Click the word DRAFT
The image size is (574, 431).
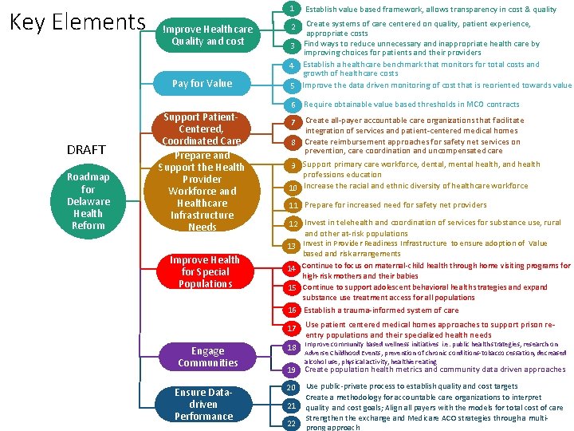(x=85, y=150)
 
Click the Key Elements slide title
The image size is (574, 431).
(x=77, y=22)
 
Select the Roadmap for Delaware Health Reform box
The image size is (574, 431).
(x=88, y=201)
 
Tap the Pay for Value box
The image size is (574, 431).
(x=202, y=83)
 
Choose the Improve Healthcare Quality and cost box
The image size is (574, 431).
(x=207, y=35)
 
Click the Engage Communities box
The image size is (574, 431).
(x=207, y=357)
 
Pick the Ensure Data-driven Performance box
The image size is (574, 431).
(x=203, y=405)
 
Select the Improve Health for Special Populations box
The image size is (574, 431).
(x=205, y=271)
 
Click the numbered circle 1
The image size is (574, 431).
(x=293, y=9)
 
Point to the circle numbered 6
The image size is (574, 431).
(x=293, y=105)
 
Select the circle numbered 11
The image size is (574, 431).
(x=293, y=205)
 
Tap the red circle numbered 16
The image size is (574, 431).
(x=293, y=310)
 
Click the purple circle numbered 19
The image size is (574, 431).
(x=292, y=370)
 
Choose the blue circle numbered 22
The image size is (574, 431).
(x=292, y=423)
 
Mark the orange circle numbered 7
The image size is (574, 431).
(x=293, y=122)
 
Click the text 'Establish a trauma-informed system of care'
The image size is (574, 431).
(x=381, y=310)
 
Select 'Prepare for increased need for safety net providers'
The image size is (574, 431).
(x=395, y=205)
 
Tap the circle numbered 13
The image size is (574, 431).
(x=293, y=246)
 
